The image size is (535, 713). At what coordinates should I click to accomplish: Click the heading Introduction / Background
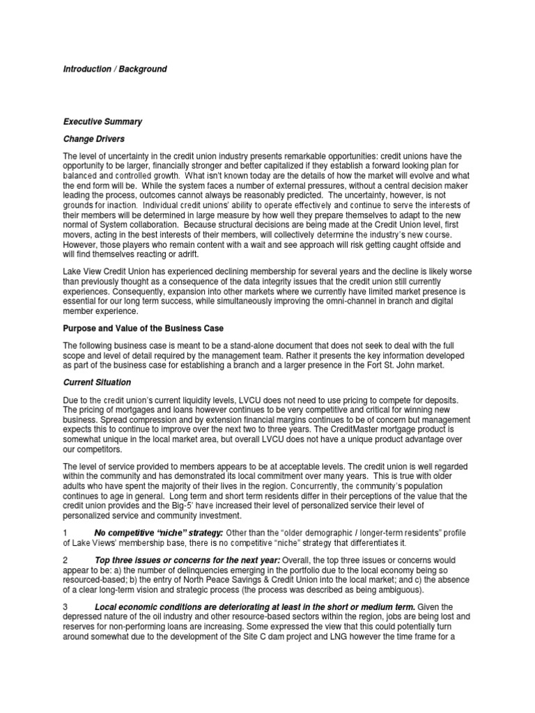115,70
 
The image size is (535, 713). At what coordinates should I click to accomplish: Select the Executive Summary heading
102,122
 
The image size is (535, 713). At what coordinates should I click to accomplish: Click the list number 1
65,533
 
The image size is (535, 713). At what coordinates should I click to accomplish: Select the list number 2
65,560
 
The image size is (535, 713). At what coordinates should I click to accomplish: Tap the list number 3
65,606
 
